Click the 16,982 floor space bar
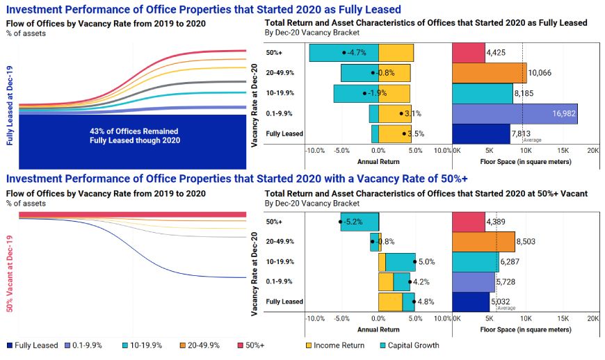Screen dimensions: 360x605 (515, 114)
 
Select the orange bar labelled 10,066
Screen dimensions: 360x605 (489, 73)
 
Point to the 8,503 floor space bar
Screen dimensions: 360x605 (483, 243)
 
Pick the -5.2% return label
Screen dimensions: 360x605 (353, 222)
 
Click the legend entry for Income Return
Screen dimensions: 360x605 (337, 345)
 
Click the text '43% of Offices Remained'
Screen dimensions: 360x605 (134, 131)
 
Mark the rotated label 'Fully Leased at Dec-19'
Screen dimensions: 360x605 (10, 106)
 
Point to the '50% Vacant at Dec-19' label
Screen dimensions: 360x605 (10, 275)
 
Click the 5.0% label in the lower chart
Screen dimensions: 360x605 (426, 263)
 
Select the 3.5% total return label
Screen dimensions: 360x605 (414, 133)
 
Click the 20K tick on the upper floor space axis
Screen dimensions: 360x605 (593, 150)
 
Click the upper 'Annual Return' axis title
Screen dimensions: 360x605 (378, 161)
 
